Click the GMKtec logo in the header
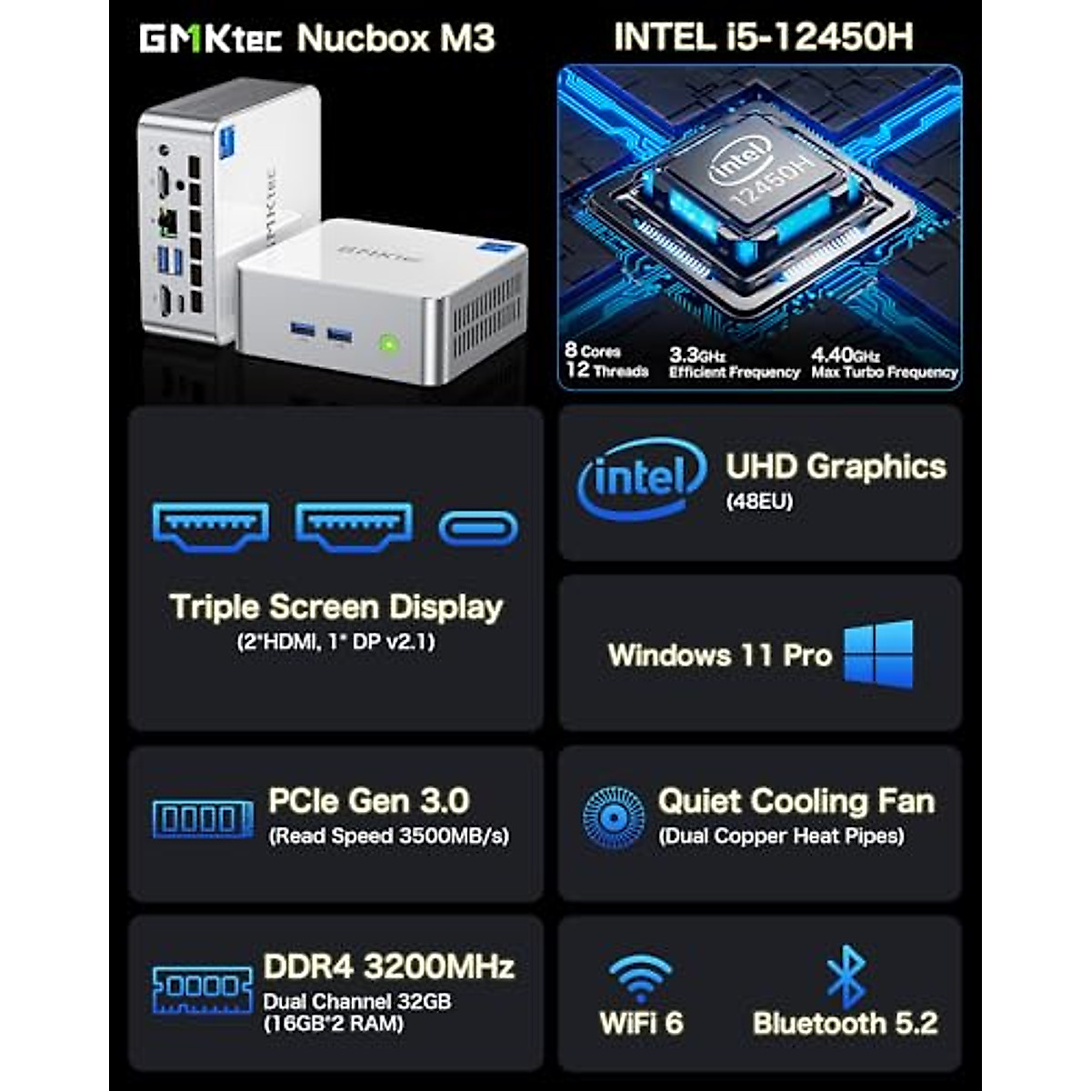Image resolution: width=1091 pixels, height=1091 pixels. [211, 39]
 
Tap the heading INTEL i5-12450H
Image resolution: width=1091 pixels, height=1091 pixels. [763, 37]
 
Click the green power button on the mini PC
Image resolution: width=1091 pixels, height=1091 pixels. [388, 344]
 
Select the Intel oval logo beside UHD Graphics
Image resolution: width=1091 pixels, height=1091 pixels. [642, 477]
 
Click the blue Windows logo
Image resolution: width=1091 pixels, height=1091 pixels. [878, 654]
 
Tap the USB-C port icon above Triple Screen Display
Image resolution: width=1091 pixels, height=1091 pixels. [478, 527]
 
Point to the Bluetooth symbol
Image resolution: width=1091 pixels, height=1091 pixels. [846, 976]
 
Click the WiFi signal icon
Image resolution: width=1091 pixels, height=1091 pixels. [641, 977]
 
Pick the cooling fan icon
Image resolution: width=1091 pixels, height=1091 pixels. [613, 816]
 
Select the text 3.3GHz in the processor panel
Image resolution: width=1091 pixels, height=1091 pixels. [696, 355]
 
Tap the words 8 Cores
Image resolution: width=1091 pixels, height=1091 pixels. [593, 350]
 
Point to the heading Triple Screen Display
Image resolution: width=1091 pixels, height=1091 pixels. [335, 607]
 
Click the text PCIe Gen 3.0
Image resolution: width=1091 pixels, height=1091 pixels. [368, 801]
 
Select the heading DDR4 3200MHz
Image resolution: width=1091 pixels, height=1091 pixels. [388, 966]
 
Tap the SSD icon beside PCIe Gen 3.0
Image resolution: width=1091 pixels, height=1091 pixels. [203, 819]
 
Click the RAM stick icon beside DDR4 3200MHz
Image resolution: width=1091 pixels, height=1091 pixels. [203, 989]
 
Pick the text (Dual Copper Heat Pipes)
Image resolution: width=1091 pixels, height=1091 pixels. [781, 836]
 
